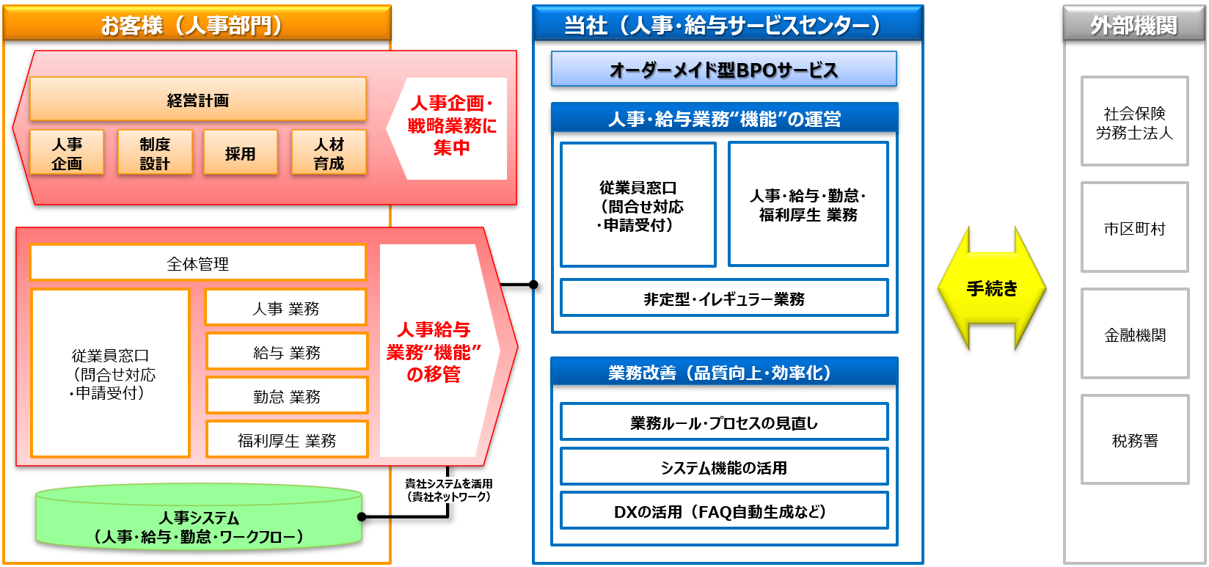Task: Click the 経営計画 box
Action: pos(197,100)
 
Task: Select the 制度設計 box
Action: pos(155,153)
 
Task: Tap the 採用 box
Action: pos(241,153)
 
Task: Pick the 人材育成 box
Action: pos(329,153)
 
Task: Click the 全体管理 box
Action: pos(197,263)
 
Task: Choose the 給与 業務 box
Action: pos(286,352)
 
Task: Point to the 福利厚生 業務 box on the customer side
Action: pos(286,440)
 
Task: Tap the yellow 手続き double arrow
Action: pos(992,288)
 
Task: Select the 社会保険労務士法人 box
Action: pos(1134,122)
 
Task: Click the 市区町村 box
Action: pos(1134,228)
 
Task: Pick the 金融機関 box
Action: pos(1134,334)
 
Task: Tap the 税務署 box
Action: pos(1134,440)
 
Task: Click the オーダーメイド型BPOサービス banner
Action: pos(723,70)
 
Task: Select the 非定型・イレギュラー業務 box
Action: pos(723,299)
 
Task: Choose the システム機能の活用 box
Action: pos(723,467)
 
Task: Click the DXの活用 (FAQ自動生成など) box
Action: pos(723,511)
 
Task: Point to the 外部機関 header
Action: pos(1133,26)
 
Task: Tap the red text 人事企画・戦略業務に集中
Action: pos(451,125)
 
